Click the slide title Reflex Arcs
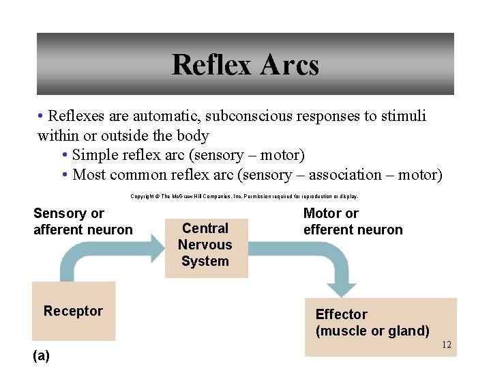[245, 65]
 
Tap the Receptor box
[74, 312]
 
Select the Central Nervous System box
[206, 245]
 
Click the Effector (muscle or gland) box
[380, 327]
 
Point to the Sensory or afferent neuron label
[83, 222]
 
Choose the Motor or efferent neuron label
[353, 222]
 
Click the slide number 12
[447, 344]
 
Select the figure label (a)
[41, 355]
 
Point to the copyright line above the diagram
[244, 197]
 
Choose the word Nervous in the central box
[205, 245]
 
